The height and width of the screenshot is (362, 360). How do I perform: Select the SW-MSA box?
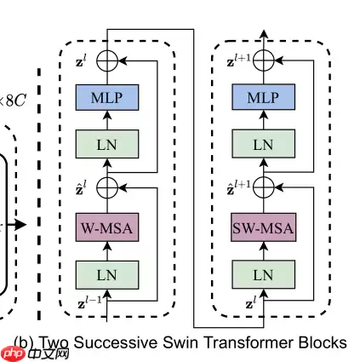click(x=263, y=227)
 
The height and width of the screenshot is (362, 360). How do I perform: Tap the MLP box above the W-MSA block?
click(x=108, y=98)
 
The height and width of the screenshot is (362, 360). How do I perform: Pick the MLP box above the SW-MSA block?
click(x=263, y=98)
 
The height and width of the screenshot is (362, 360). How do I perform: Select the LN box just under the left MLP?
click(x=108, y=143)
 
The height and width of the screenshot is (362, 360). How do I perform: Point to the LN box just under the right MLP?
click(x=263, y=143)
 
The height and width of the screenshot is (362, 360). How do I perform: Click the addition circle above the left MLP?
click(x=108, y=60)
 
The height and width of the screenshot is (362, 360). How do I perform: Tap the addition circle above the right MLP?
click(x=263, y=60)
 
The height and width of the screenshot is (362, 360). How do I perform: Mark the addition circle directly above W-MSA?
click(x=108, y=187)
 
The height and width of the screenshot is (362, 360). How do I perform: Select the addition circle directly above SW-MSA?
click(x=263, y=187)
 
